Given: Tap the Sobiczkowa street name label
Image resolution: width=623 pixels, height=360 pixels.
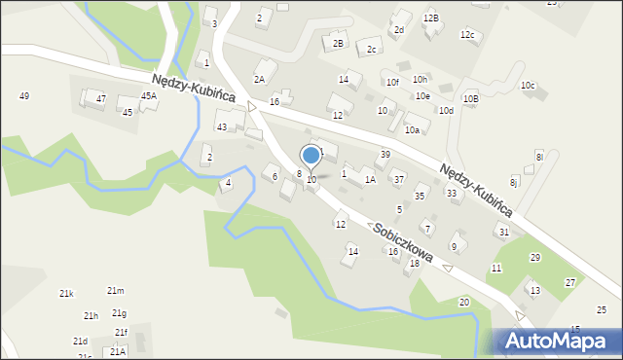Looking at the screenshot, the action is [401, 240].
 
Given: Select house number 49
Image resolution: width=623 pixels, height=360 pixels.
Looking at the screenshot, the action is [24, 95].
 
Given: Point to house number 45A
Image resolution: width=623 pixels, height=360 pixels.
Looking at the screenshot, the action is [148, 96].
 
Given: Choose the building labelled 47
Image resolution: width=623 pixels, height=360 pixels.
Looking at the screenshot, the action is [100, 99].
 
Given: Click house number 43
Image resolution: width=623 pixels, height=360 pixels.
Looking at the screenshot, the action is [222, 127].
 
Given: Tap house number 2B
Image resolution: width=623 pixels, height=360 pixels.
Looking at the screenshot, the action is [338, 43].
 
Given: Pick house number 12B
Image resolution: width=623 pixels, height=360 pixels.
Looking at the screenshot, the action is [431, 18].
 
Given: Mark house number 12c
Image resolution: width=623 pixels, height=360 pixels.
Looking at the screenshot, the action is [467, 35].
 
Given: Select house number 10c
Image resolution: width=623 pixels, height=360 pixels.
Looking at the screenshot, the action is [528, 86].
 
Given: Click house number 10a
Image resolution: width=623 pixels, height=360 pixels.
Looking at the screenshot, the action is [412, 129].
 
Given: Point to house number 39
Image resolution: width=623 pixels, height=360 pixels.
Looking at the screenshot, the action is [385, 155].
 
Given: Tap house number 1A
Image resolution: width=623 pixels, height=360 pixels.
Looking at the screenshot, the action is [370, 179].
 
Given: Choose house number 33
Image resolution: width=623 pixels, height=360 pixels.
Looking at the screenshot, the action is [452, 193].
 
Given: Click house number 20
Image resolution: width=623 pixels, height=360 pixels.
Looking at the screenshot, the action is [464, 303].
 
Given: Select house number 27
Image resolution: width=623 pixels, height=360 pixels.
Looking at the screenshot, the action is [570, 282].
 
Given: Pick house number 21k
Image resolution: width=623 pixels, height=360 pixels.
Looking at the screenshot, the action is [66, 293].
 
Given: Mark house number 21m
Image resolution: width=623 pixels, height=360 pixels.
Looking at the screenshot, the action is [116, 291].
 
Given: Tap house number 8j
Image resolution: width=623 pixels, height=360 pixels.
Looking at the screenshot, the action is [515, 182].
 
